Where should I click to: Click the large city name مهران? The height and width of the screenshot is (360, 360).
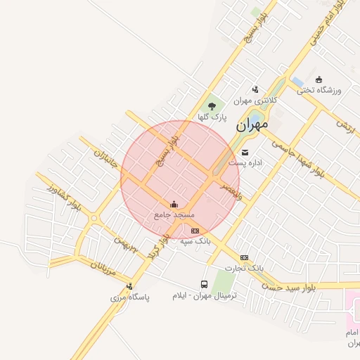pos(252,125)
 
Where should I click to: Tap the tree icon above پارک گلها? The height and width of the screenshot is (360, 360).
pos(212,105)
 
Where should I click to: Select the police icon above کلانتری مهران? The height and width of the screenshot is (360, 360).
pos(255,89)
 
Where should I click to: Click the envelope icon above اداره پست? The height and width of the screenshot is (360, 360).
pos(245,152)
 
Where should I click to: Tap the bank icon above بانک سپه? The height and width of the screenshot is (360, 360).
pos(195,231)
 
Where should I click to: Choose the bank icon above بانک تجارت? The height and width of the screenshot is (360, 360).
pos(244,257)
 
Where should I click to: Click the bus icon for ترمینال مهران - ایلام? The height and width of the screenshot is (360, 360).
pos(204,285)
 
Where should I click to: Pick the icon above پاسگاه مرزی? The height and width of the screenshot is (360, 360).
pos(129,286)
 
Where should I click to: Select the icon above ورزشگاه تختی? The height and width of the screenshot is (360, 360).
pos(319,79)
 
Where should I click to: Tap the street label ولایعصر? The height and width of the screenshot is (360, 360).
pos(231,191)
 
